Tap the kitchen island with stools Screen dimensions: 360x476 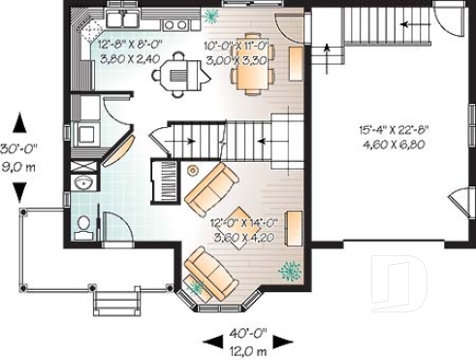pyautogui.click(x=176, y=69)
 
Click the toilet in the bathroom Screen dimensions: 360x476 pyautogui.click(x=84, y=225)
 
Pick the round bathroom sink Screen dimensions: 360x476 pyautogui.click(x=82, y=181)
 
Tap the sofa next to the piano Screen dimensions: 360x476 pyautogui.click(x=212, y=188)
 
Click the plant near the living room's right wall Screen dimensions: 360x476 pyautogui.click(x=288, y=269)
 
